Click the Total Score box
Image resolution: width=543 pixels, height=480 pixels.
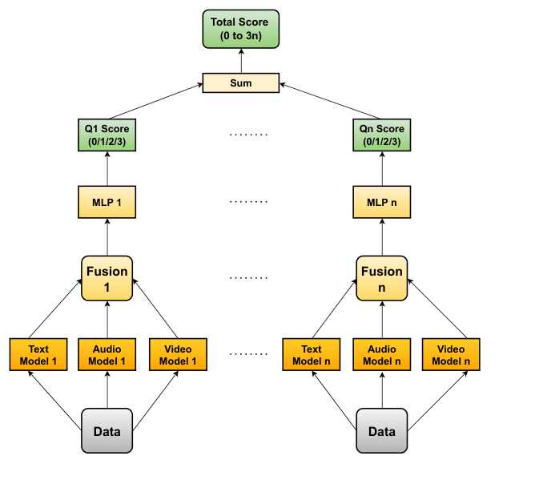pyautogui.click(x=240, y=30)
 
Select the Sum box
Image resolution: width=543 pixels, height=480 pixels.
pyautogui.click(x=240, y=83)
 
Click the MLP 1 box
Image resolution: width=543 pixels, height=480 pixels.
pyautogui.click(x=107, y=202)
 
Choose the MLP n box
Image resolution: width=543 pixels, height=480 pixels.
pyautogui.click(x=381, y=202)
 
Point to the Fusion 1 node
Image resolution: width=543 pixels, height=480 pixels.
pyautogui.click(x=107, y=279)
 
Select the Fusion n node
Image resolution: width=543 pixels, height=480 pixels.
pyautogui.click(x=381, y=279)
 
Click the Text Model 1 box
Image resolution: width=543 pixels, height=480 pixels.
pyautogui.click(x=38, y=354)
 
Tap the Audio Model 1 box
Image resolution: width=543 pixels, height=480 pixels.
pyautogui.click(x=107, y=354)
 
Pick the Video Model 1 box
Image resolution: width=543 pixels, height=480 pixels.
pyautogui.click(x=177, y=354)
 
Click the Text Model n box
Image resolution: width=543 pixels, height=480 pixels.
pyautogui.click(x=312, y=354)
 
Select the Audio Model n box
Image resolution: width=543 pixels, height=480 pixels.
pyautogui.click(x=381, y=354)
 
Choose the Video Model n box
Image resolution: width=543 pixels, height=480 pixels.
pyautogui.click(x=451, y=354)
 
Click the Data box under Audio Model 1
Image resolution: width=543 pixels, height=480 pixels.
pyautogui.click(x=107, y=431)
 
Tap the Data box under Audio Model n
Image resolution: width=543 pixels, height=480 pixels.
pyautogui.click(x=381, y=431)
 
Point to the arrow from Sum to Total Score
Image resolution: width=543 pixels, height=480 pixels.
pyautogui.click(x=240, y=62)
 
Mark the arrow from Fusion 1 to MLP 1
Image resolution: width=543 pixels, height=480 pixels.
pyautogui.click(x=107, y=237)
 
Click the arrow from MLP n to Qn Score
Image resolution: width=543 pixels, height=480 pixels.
pyautogui.click(x=381, y=168)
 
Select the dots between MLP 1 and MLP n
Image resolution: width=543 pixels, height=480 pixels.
pyautogui.click(x=248, y=202)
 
